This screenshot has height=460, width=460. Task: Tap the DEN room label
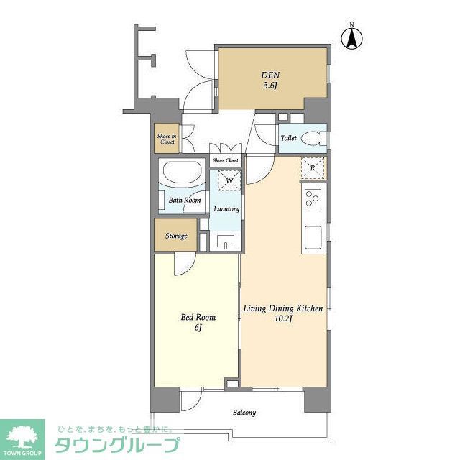point(270,73)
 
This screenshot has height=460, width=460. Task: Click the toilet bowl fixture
point(313,138)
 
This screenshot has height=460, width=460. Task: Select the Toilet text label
point(289,138)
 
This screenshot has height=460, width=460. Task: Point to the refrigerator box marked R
point(313,168)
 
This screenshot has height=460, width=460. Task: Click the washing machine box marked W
point(229,181)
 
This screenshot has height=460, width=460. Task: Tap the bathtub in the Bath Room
point(183,175)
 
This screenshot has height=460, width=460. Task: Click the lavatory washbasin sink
point(226,241)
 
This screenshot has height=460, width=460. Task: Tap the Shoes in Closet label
point(166,138)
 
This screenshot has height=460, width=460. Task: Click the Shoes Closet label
point(225,160)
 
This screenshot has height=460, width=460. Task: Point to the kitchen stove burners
point(313,197)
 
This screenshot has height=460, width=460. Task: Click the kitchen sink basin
point(313,236)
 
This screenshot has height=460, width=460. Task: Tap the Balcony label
point(244,413)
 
